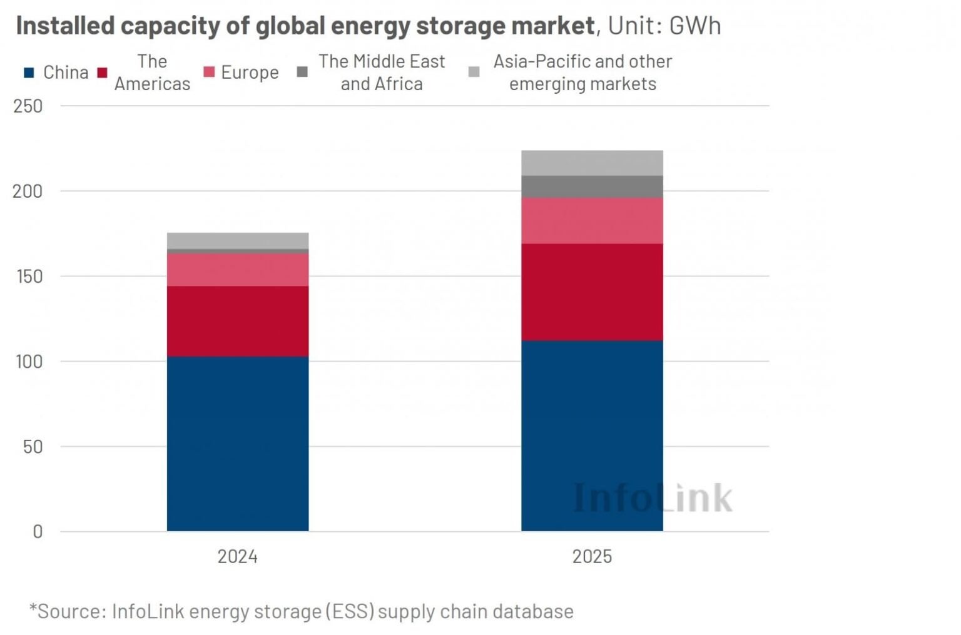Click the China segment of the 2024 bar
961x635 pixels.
(238, 444)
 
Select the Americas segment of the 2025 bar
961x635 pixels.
(592, 292)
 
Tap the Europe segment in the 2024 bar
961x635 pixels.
(238, 270)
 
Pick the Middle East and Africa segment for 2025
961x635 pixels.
(592, 186)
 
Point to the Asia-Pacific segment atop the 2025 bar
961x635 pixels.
(592, 163)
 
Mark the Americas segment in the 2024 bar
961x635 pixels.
(238, 321)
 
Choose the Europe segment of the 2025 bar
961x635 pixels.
(592, 220)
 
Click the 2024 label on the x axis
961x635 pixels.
(237, 556)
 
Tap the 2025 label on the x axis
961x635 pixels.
(592, 556)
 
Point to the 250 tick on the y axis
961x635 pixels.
(28, 106)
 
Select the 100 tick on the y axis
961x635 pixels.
(28, 362)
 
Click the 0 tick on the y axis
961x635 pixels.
(38, 532)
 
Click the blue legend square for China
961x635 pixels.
(29, 73)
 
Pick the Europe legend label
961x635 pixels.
(250, 73)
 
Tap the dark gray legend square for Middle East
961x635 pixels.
(302, 72)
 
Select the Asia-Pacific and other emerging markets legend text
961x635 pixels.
(582, 73)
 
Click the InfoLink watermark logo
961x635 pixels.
(652, 498)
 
